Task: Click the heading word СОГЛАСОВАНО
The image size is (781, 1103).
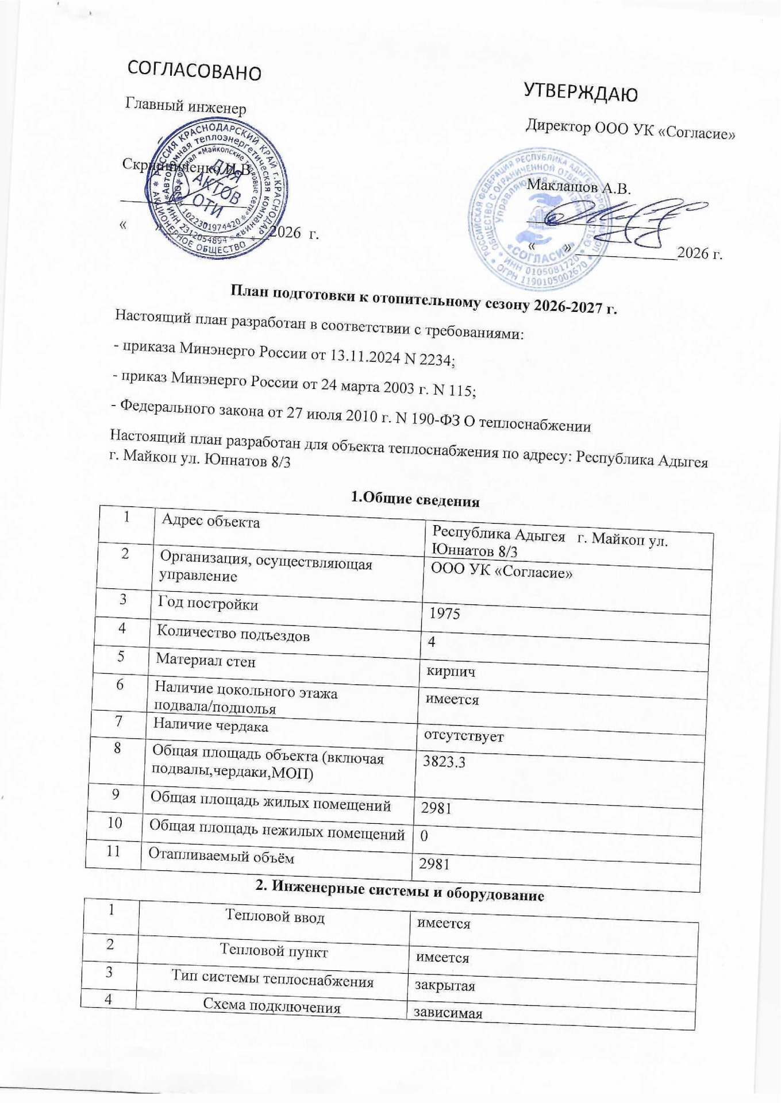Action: click(194, 71)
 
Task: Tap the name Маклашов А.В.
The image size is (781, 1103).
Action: click(579, 188)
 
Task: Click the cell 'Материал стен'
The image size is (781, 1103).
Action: click(206, 661)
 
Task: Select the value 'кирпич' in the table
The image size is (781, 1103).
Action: click(449, 670)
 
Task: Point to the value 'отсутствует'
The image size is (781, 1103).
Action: click(463, 735)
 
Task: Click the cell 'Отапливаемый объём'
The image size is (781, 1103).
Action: click(221, 857)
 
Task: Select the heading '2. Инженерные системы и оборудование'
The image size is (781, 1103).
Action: click(399, 894)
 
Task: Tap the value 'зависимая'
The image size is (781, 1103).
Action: click(444, 1014)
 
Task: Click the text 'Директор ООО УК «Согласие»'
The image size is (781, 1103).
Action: click(631, 130)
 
